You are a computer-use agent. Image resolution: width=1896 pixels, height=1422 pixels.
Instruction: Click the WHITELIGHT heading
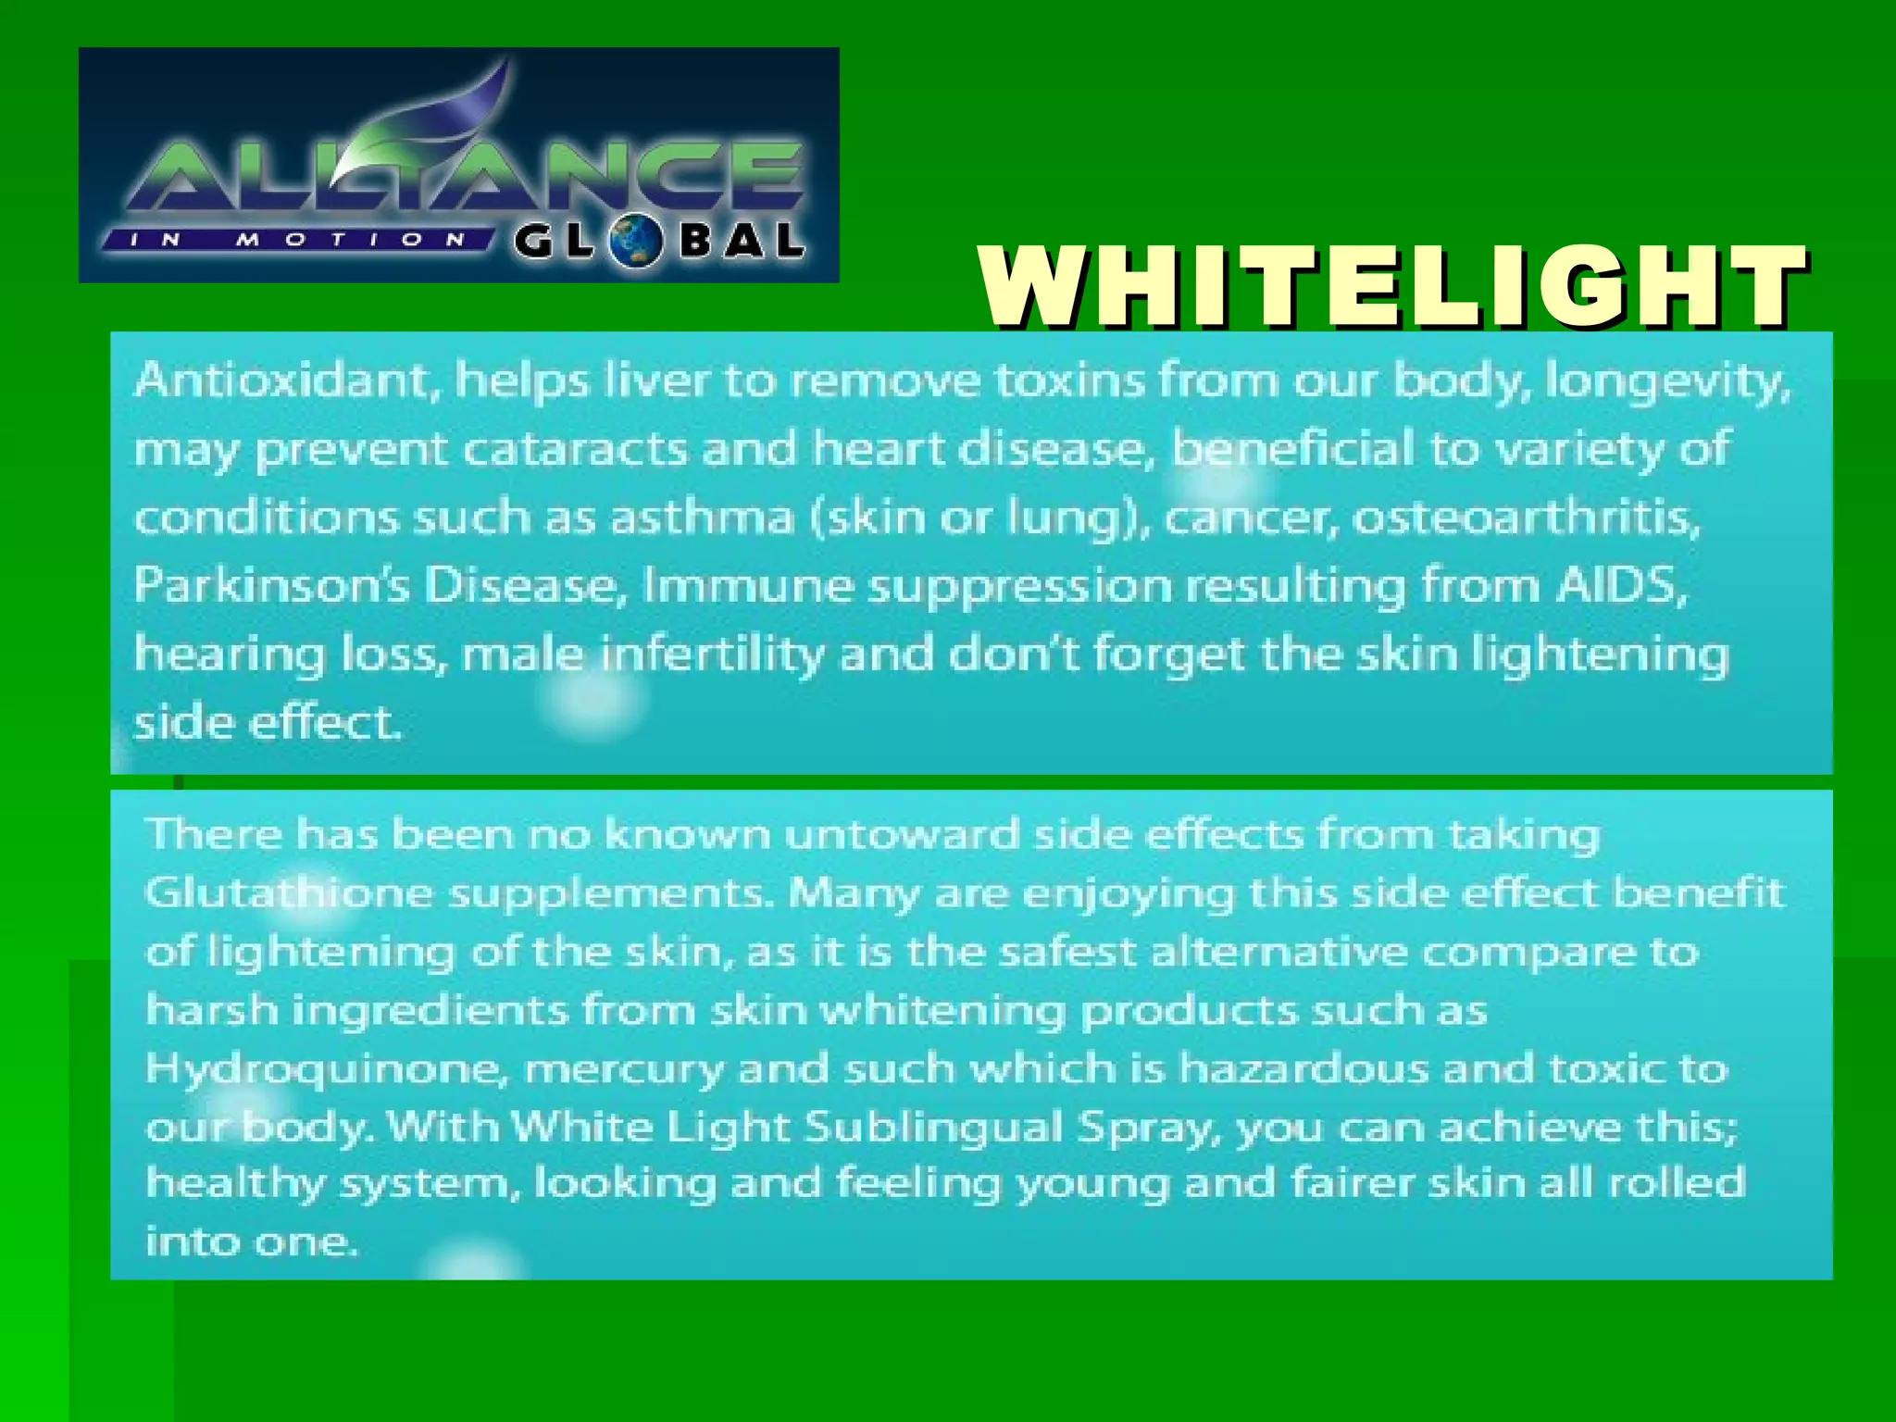(1392, 287)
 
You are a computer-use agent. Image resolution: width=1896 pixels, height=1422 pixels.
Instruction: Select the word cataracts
(574, 450)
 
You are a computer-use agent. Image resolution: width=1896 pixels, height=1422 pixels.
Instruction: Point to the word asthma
(702, 518)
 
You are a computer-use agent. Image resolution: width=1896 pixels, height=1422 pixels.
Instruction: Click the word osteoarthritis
(1526, 518)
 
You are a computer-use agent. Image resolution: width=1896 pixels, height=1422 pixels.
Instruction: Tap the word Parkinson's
(270, 586)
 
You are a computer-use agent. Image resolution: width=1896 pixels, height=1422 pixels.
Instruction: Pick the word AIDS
(1620, 586)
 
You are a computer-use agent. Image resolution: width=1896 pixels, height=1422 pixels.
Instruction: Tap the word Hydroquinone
(327, 1069)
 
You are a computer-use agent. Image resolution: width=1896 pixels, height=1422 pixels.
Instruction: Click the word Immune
(747, 586)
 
